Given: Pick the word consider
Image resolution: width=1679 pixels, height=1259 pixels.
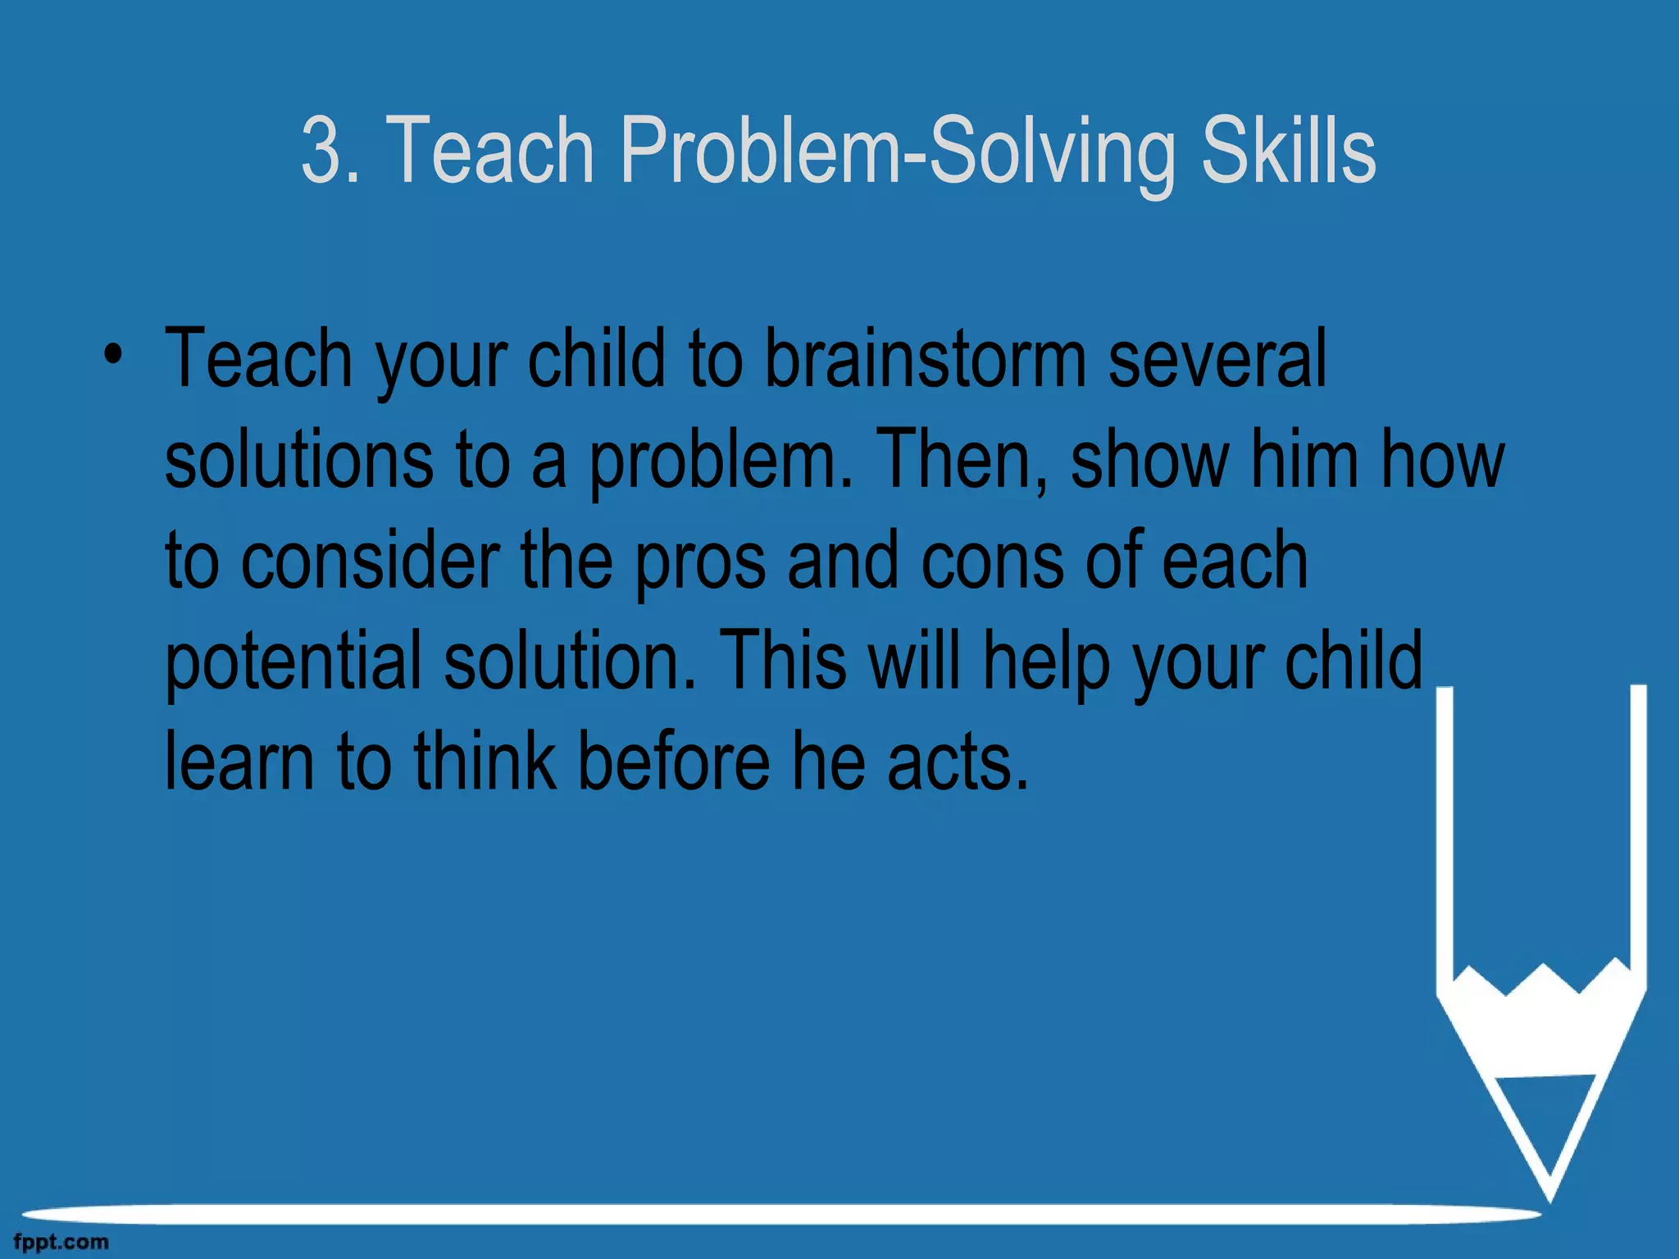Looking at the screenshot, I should pos(370,561).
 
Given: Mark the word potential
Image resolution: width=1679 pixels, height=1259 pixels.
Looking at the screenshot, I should pos(293,662).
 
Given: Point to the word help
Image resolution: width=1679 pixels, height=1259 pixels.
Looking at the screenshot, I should pos(1045,662).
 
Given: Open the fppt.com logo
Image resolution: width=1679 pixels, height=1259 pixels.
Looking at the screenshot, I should pos(61,1243).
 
